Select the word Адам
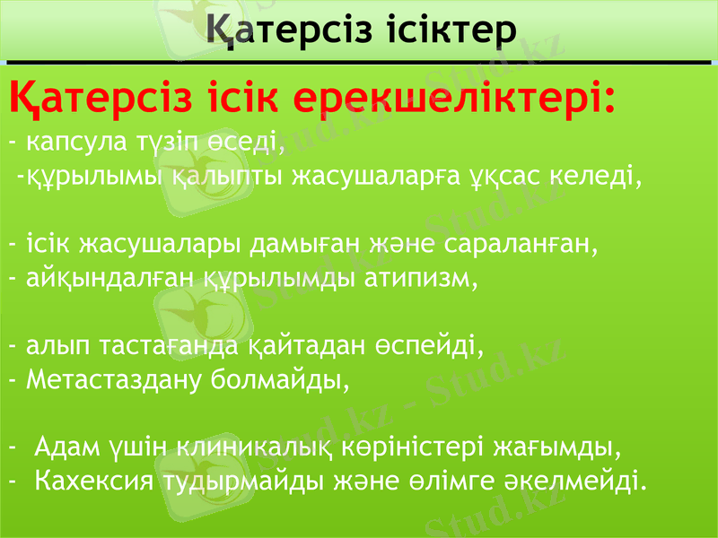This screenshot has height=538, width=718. click(x=68, y=447)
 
